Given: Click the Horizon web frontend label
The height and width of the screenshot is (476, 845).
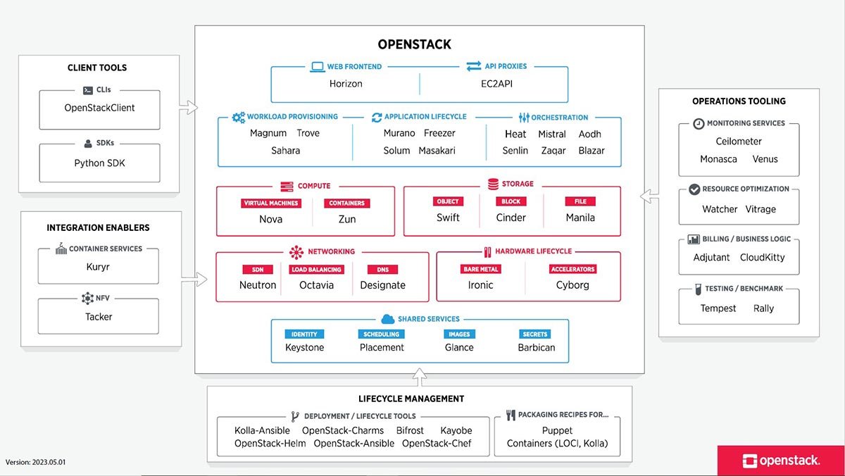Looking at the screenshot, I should pyautogui.click(x=346, y=84).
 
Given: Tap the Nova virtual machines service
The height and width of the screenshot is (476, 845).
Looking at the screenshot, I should pyautogui.click(x=270, y=219).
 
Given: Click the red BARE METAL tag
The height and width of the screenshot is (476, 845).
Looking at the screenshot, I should pyautogui.click(x=481, y=270).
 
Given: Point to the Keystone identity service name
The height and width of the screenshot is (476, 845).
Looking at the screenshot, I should pyautogui.click(x=304, y=347).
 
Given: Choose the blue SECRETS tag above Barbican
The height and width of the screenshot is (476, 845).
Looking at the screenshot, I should pyautogui.click(x=535, y=334).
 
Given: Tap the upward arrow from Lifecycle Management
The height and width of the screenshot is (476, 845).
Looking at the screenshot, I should pyautogui.click(x=420, y=379).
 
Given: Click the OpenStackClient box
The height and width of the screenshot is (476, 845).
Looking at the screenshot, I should pyautogui.click(x=99, y=108).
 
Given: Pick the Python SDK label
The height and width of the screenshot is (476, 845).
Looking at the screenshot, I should pyautogui.click(x=99, y=163).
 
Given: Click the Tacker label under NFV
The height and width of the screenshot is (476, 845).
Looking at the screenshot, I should pyautogui.click(x=99, y=317).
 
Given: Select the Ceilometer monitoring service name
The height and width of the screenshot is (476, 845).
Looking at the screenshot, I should pyautogui.click(x=739, y=142).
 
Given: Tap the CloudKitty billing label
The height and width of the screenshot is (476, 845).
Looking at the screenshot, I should pyautogui.click(x=762, y=258).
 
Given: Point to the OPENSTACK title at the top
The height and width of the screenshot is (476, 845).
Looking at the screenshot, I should pyautogui.click(x=414, y=44).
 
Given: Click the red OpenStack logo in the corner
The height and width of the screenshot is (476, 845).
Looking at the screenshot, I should pyautogui.click(x=781, y=461).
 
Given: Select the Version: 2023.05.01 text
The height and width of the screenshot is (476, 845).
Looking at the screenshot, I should pyautogui.click(x=36, y=463).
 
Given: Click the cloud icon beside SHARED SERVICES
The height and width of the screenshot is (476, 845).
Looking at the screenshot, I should pyautogui.click(x=387, y=319).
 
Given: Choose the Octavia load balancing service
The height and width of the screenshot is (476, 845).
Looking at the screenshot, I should pyautogui.click(x=316, y=285).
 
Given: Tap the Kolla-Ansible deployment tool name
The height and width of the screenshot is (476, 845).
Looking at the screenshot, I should pyautogui.click(x=263, y=431).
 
